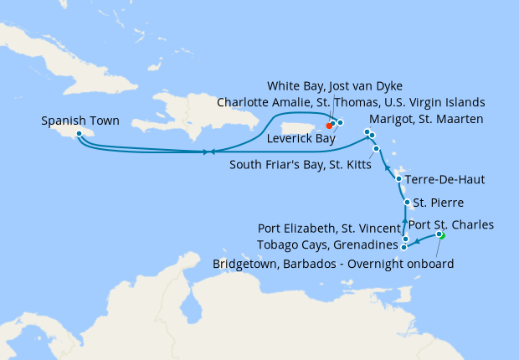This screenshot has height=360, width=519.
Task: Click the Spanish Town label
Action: click(80, 121)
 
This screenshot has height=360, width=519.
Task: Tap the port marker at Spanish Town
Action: click(78, 133)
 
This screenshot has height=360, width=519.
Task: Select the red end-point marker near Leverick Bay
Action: click(329, 126)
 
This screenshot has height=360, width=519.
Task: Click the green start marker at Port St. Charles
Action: click(441, 235)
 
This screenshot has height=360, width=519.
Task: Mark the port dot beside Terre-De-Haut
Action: click(398, 179)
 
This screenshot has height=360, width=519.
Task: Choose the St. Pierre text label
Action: click(440, 203)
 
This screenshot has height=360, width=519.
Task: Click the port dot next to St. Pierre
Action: click(407, 203)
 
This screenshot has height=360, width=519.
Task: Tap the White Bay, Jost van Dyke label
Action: click(336, 86)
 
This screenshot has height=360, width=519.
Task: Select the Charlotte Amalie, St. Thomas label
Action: click(351, 102)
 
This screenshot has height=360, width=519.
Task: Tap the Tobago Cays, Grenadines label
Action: click(333, 245)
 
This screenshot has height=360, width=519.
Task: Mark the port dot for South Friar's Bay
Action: click(377, 149)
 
